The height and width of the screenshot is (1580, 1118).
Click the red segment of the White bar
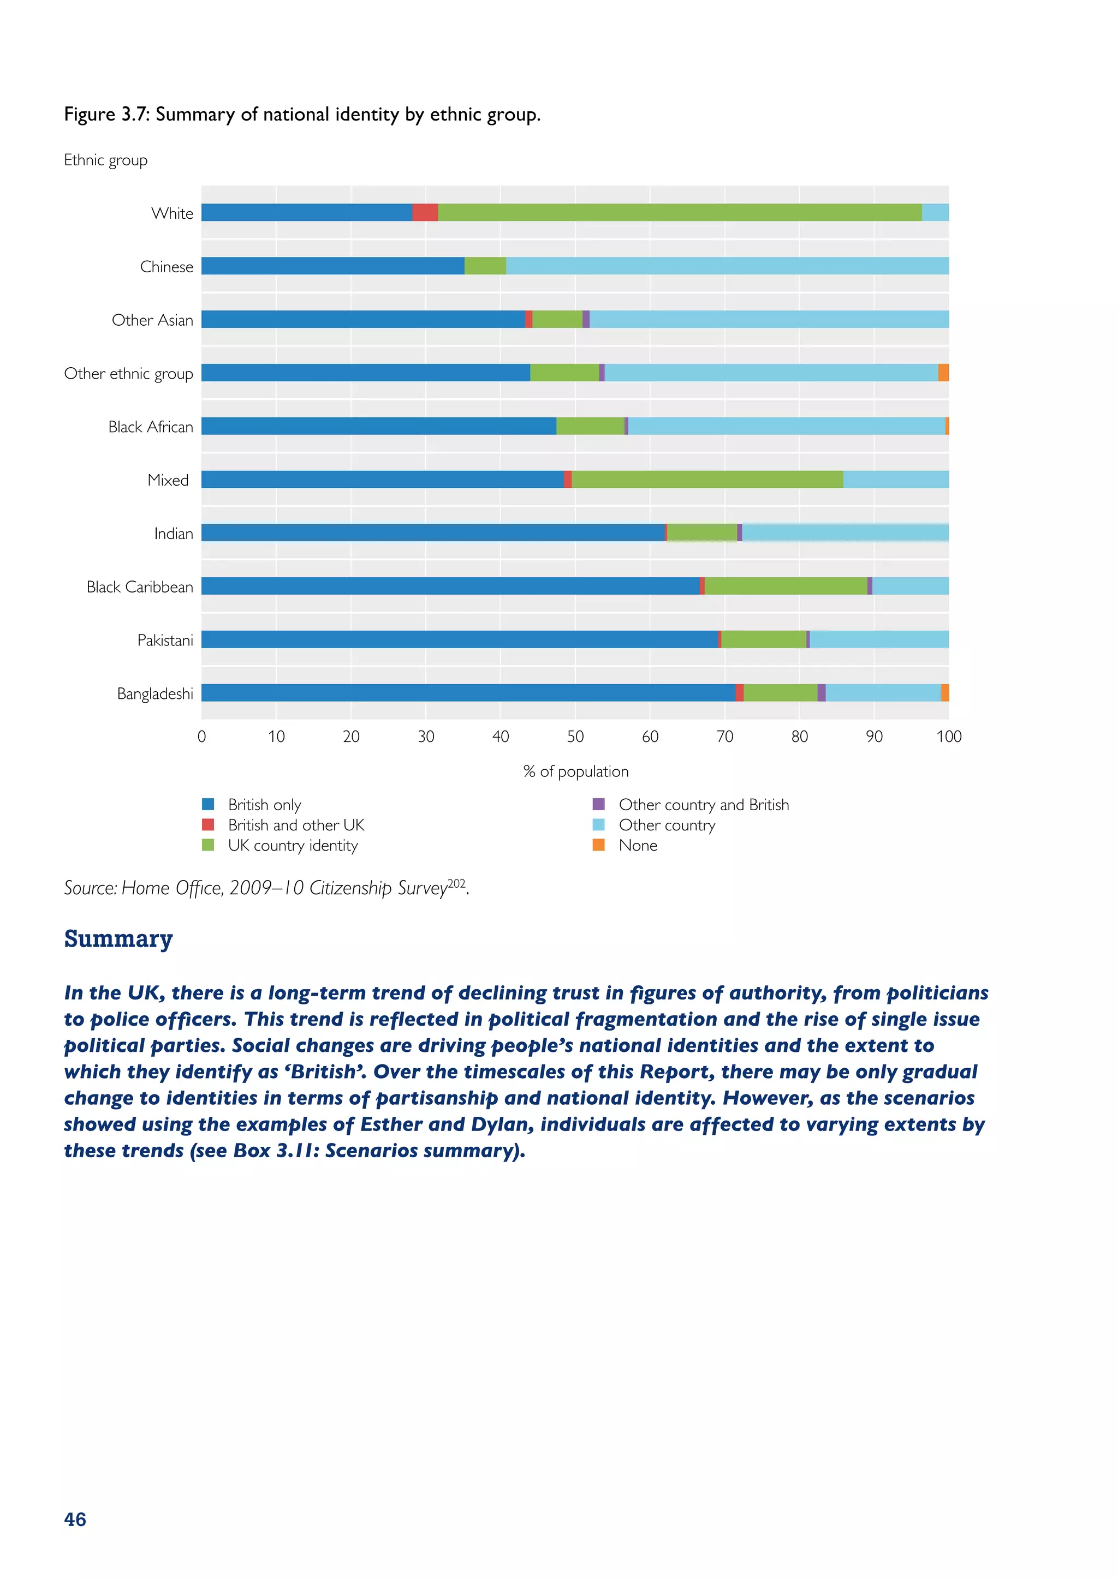point(425,213)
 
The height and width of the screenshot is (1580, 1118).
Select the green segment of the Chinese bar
point(485,266)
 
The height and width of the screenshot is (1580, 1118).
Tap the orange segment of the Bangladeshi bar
point(944,693)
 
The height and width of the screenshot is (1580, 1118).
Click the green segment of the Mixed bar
point(707,480)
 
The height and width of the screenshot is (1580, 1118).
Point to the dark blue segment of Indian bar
point(433,532)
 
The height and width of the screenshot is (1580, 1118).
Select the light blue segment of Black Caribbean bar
point(910,586)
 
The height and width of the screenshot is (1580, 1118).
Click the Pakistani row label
point(165,641)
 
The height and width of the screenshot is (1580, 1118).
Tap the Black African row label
point(151,427)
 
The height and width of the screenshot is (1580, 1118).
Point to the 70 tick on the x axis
point(724,737)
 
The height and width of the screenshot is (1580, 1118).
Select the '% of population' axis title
point(575,771)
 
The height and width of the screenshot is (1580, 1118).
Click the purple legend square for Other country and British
point(598,804)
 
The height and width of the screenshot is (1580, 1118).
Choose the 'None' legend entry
point(638,846)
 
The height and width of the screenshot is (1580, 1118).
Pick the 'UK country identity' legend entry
point(293,846)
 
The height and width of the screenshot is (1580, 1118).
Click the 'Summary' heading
point(118,938)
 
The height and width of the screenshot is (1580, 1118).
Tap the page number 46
point(75,1519)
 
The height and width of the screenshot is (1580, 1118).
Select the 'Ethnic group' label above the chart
point(105,160)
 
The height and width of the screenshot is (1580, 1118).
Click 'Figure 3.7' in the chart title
point(106,114)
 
